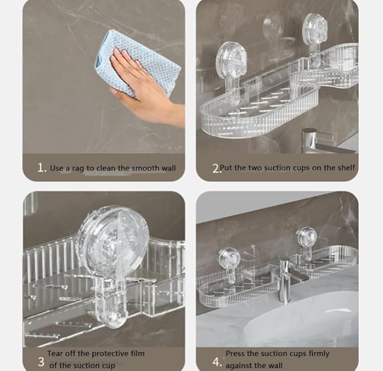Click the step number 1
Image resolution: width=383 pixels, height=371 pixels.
tap(42, 168)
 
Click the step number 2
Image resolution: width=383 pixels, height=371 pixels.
tap(215, 168)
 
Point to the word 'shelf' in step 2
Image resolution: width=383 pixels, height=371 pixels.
tap(346, 168)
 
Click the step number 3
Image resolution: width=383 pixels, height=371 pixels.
tap(41, 362)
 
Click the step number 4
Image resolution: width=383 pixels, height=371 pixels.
tap(217, 362)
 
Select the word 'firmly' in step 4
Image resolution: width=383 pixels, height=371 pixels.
tap(319, 353)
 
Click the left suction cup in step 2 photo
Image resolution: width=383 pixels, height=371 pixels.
tap(231, 61)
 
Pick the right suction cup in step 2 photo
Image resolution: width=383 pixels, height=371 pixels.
tap(315, 28)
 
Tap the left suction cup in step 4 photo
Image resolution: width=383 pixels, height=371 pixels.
tap(230, 259)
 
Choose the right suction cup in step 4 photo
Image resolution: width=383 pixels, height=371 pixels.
tap(306, 237)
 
